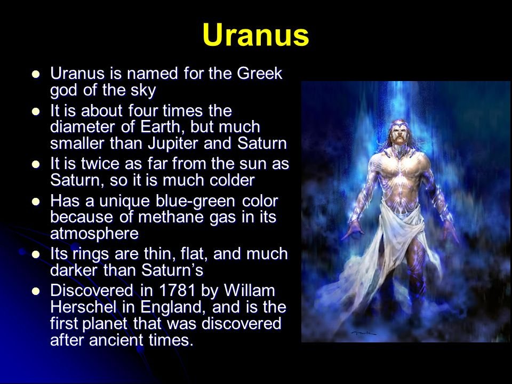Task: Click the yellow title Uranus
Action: [255, 35]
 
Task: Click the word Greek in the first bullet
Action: [260, 73]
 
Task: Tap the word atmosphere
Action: [94, 234]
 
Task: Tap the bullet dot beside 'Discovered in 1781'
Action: [36, 291]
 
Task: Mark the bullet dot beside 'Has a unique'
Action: [36, 202]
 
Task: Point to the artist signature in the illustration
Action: [363, 333]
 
